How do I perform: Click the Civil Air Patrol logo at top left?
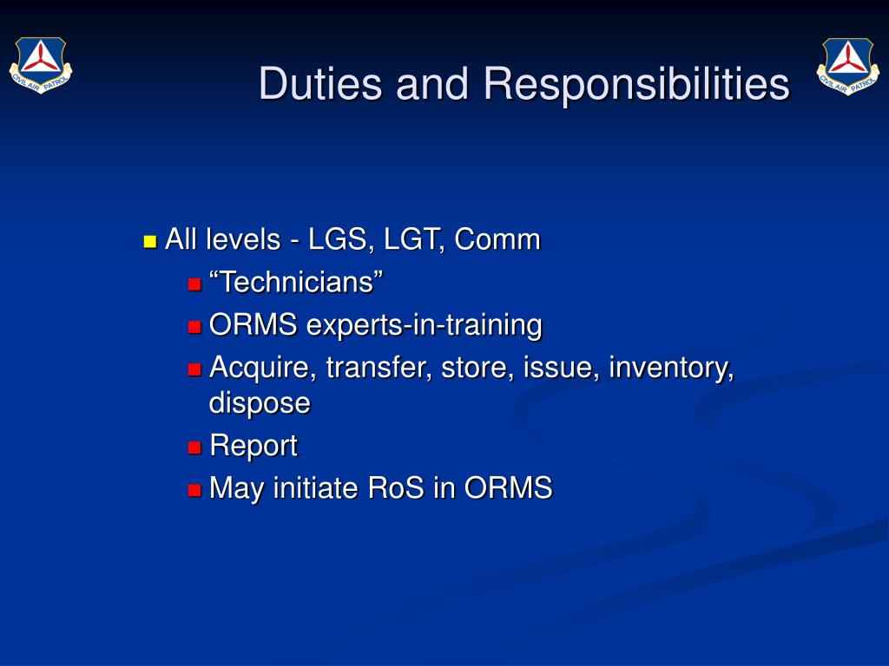tap(41, 64)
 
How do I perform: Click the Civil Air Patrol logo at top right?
tap(848, 66)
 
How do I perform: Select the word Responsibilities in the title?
tap(636, 85)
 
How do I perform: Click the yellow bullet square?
tap(149, 242)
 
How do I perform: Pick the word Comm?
tap(497, 239)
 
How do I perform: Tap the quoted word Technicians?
tap(296, 282)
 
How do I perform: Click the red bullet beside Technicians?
tap(194, 284)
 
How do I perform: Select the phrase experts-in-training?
tap(424, 326)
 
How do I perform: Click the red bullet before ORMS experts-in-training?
tap(194, 327)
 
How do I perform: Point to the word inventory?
tap(671, 368)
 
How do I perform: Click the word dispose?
tap(260, 403)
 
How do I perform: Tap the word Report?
tap(254, 446)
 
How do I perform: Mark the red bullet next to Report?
tap(194, 448)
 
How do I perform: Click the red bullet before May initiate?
tap(194, 490)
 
